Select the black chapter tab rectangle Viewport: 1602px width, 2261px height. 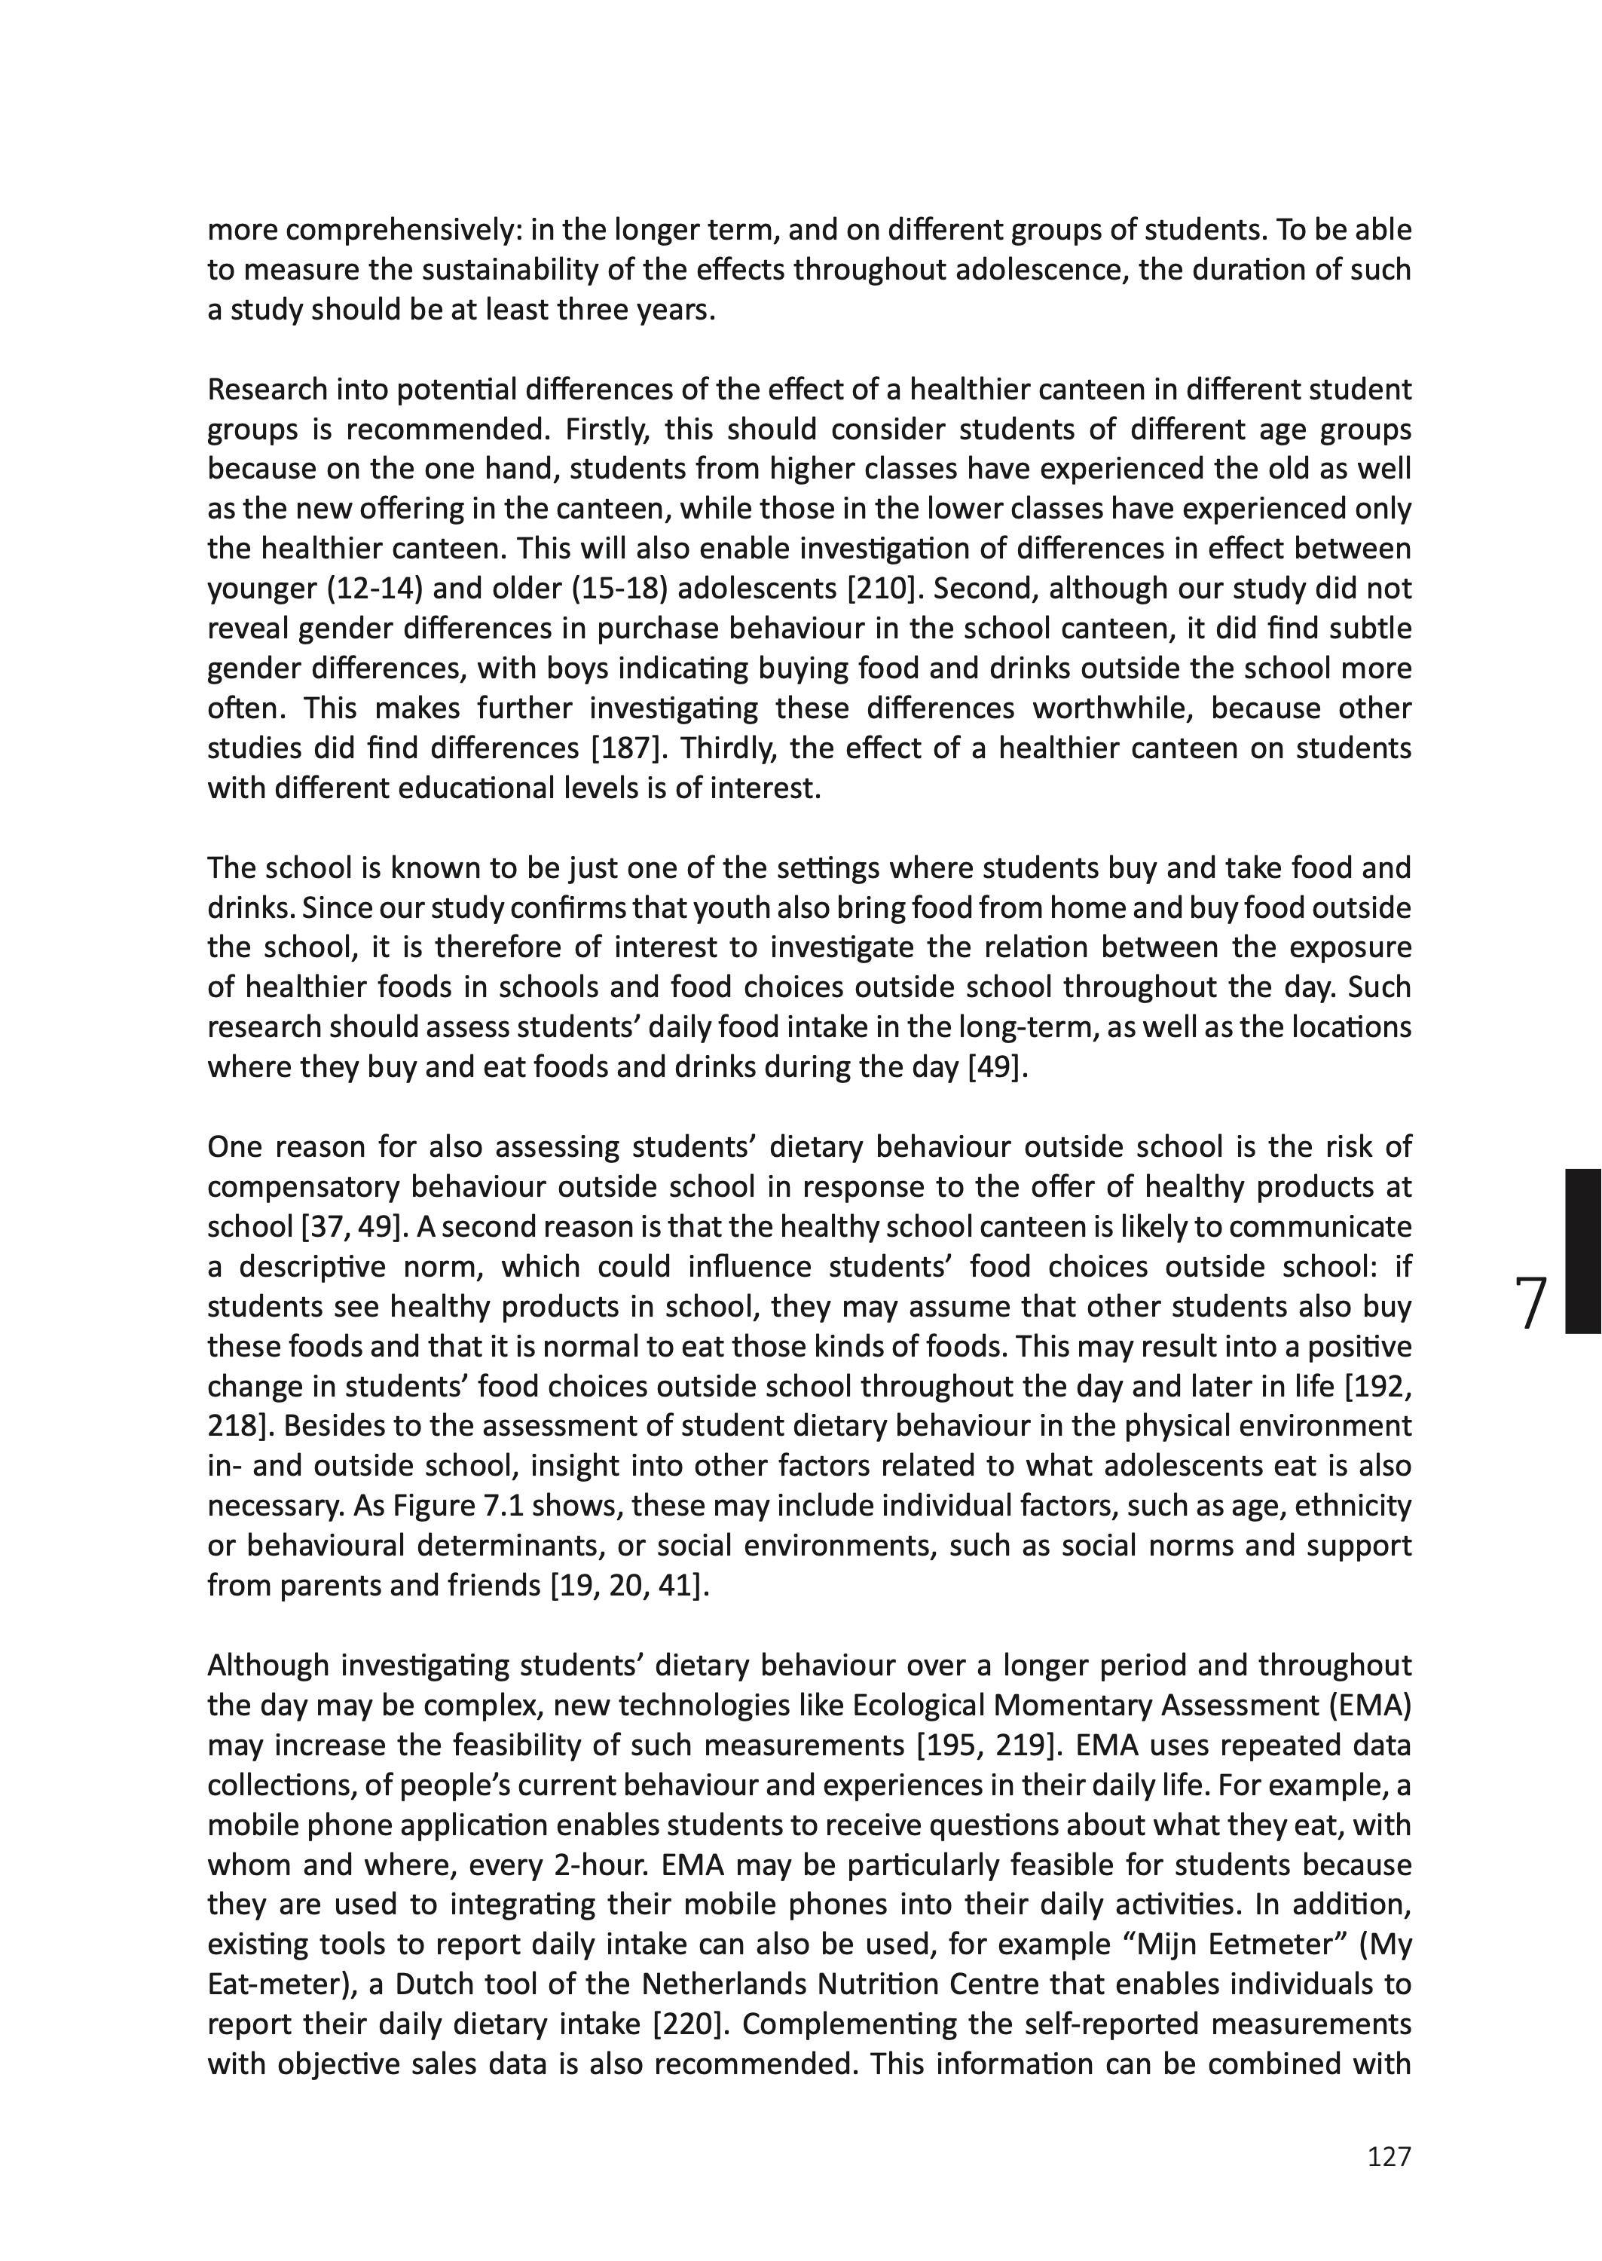pyautogui.click(x=1582, y=1251)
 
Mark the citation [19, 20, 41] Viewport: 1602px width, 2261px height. pyautogui.click(x=629, y=1585)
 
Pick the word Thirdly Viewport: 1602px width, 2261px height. pyautogui.click(x=725, y=748)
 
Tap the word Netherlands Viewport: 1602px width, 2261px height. pyautogui.click(x=747, y=1984)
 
